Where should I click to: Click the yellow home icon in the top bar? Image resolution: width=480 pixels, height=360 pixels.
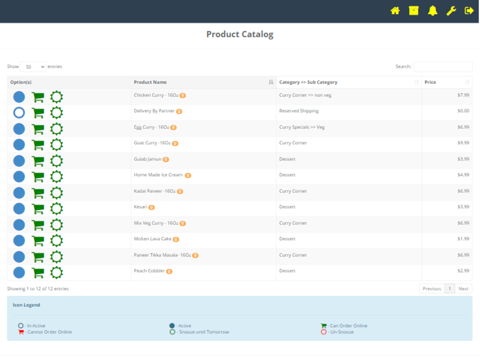pyautogui.click(x=395, y=11)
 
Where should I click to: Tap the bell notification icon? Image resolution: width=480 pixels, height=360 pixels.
pyautogui.click(x=432, y=11)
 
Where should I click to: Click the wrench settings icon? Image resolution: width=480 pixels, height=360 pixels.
pyautogui.click(x=451, y=11)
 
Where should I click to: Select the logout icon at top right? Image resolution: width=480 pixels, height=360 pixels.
pyautogui.click(x=469, y=11)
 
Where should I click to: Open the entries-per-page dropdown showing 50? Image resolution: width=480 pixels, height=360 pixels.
pyautogui.click(x=33, y=67)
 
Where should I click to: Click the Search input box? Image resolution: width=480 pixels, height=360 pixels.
pyautogui.click(x=443, y=67)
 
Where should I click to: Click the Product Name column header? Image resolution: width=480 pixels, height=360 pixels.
pyautogui.click(x=150, y=82)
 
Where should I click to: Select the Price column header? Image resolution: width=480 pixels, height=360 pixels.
pyautogui.click(x=431, y=82)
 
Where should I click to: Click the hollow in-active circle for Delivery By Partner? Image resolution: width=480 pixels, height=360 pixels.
pyautogui.click(x=19, y=113)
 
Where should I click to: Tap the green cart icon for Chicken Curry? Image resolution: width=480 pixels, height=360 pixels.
pyautogui.click(x=37, y=97)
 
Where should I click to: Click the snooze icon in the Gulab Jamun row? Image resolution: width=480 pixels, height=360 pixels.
pyautogui.click(x=57, y=161)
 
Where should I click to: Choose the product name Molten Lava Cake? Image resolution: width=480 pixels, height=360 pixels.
pyautogui.click(x=153, y=239)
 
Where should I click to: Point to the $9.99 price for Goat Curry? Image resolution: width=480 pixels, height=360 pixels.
pyautogui.click(x=463, y=143)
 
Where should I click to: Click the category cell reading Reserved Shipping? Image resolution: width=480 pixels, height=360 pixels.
pyautogui.click(x=299, y=111)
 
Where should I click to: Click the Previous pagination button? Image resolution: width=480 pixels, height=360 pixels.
pyautogui.click(x=432, y=288)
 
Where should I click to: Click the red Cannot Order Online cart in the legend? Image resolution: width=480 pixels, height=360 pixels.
pyautogui.click(x=21, y=332)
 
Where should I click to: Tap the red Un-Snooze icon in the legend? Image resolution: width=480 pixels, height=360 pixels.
pyautogui.click(x=324, y=332)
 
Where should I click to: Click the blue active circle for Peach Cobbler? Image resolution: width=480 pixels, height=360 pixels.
pyautogui.click(x=19, y=273)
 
